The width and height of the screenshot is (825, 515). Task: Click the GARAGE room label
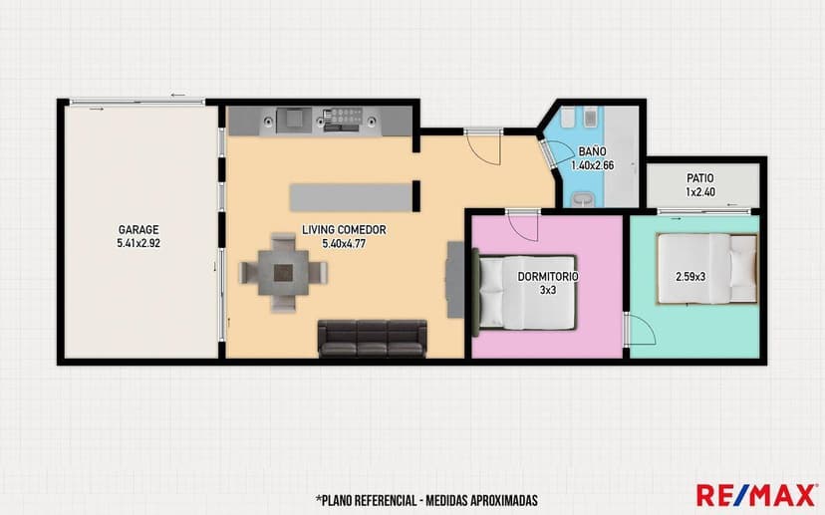coord(137,228)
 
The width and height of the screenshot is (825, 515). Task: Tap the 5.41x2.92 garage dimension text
coord(137,242)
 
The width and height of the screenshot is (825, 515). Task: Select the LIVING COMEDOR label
coord(344,229)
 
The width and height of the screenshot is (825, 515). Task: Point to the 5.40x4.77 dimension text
coord(344,243)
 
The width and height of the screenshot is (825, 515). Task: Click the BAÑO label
coord(592,151)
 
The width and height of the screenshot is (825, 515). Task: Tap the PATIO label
coord(699,178)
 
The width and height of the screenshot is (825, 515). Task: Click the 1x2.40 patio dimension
coord(699,192)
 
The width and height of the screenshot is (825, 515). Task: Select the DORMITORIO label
coord(548,276)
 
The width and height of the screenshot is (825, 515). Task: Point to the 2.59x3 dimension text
coord(690,277)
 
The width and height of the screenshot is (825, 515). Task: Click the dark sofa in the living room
coord(372,338)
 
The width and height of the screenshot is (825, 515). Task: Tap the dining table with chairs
coord(284,270)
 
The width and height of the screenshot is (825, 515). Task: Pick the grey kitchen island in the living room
coord(349,196)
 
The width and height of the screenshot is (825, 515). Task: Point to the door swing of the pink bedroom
coord(525,225)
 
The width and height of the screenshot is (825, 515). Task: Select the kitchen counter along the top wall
coord(319,121)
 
